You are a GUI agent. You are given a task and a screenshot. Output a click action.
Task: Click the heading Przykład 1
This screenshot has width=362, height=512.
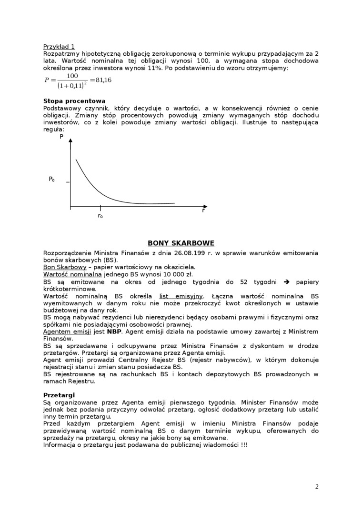pyautogui.click(x=59, y=47)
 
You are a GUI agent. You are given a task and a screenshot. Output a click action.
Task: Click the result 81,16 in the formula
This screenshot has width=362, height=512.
pyautogui.click(x=103, y=80)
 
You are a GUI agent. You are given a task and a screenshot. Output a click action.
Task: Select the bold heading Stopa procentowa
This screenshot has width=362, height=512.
pyautogui.click(x=74, y=101)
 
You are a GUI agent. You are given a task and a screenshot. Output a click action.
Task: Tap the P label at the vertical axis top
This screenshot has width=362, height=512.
pyautogui.click(x=61, y=137)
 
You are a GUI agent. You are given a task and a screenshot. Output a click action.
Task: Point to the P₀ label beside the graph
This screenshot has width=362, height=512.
pyautogui.click(x=51, y=180)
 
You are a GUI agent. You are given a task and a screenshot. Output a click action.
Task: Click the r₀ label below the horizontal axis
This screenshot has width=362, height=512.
pyautogui.click(x=100, y=216)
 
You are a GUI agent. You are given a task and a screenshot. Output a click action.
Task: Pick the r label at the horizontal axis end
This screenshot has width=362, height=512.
pyautogui.click(x=203, y=211)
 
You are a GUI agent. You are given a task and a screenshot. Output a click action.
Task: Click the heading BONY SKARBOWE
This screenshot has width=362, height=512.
pyautogui.click(x=181, y=243)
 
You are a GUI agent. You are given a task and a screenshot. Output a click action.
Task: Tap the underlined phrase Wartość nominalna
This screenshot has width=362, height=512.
pyautogui.click(x=72, y=274)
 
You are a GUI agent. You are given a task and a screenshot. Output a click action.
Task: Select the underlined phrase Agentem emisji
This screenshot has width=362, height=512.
pyautogui.click(x=67, y=331)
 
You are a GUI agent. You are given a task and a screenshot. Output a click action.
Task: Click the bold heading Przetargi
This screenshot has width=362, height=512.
pyautogui.click(x=59, y=395)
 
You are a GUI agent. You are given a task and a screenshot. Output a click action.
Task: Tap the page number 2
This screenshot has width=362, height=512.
pyautogui.click(x=317, y=487)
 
